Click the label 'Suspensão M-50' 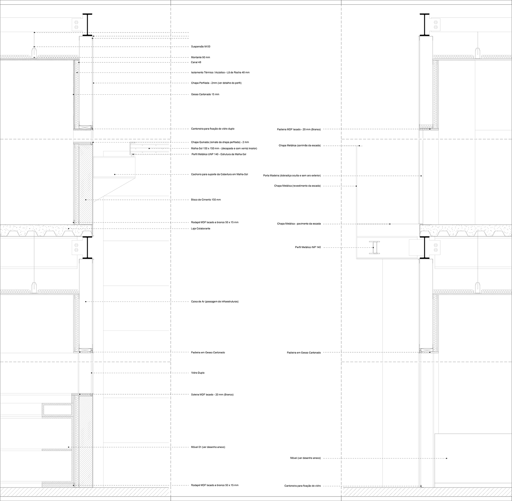pyautogui.click(x=200, y=47)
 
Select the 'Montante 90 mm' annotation pyautogui.click(x=200, y=57)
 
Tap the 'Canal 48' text pyautogui.click(x=196, y=62)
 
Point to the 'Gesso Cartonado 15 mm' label pyautogui.click(x=205, y=94)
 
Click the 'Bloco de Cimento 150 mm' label pyautogui.click(x=206, y=200)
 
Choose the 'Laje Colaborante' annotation pyautogui.click(x=201, y=228)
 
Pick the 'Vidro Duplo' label pyautogui.click(x=198, y=373)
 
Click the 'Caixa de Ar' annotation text pyautogui.click(x=215, y=301)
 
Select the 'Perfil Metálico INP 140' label pyautogui.click(x=308, y=247)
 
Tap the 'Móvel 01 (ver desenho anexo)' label pyautogui.click(x=208, y=447)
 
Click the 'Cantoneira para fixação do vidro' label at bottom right pyautogui.click(x=302, y=486)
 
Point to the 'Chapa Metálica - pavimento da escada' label pyautogui.click(x=299, y=224)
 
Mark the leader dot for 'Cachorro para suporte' pyautogui.click(x=115, y=174)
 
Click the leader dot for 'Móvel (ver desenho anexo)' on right pyautogui.click(x=447, y=458)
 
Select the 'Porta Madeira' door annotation pyautogui.click(x=292, y=176)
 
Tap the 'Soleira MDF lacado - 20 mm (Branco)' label pyautogui.click(x=212, y=395)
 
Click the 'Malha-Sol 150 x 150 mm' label pyautogui.click(x=224, y=148)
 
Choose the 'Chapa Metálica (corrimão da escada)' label pyautogui.click(x=300, y=145)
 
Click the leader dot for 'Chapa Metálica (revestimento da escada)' pyautogui.click(x=357, y=186)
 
